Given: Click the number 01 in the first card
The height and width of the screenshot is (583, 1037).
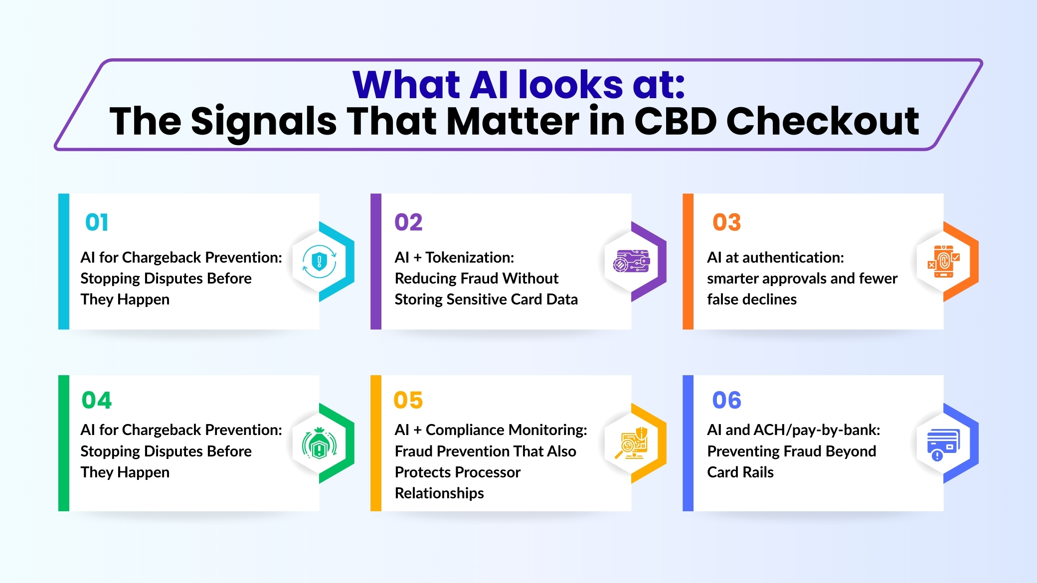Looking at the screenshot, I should pyautogui.click(x=97, y=222).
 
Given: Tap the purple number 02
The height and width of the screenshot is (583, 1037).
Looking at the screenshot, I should pyautogui.click(x=408, y=222).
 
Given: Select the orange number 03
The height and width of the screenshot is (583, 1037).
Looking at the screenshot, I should pyautogui.click(x=726, y=222).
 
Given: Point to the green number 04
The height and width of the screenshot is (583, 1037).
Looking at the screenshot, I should pyautogui.click(x=97, y=400).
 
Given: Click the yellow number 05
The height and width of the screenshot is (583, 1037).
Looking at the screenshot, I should pyautogui.click(x=408, y=400).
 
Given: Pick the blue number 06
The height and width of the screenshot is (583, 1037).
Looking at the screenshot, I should pyautogui.click(x=726, y=400).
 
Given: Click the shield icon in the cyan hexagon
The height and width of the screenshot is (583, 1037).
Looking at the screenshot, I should pyautogui.click(x=320, y=261).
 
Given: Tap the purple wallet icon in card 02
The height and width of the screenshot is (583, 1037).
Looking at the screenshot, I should pyautogui.click(x=632, y=261).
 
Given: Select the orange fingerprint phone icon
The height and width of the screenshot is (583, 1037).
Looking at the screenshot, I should pyautogui.click(x=943, y=261).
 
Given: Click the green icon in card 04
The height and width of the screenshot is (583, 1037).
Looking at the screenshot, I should pyautogui.click(x=320, y=443).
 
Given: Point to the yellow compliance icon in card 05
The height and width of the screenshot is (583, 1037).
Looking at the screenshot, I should pyautogui.click(x=632, y=443).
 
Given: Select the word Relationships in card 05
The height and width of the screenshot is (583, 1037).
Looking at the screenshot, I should pyautogui.click(x=439, y=493).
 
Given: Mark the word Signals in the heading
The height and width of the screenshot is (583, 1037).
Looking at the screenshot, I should pyautogui.click(x=264, y=122).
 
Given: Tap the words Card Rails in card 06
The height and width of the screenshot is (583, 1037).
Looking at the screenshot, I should pyautogui.click(x=740, y=472).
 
